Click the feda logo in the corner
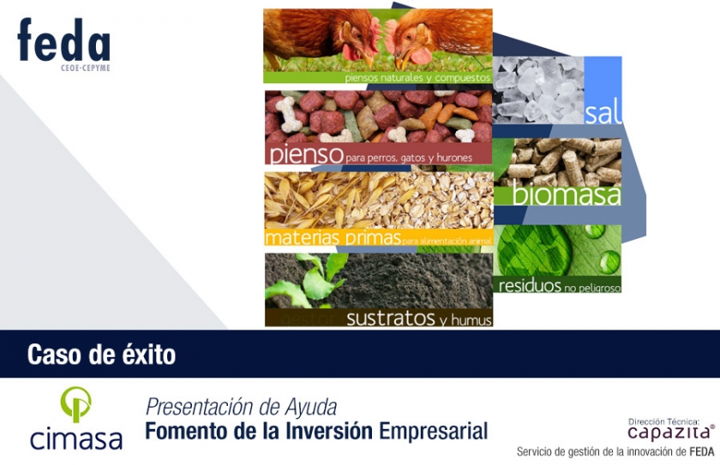coord(63,40)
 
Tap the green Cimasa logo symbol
coord(75,403)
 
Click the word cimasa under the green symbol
coord(75,438)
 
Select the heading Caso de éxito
coord(101,354)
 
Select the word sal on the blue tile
coord(603,113)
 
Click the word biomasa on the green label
coord(566,194)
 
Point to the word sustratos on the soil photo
coord(391,318)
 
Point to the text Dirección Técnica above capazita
coord(664,421)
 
